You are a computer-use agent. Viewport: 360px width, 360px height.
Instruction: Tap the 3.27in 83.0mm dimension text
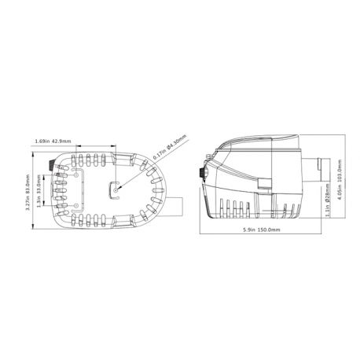pyautogui.click(x=29, y=193)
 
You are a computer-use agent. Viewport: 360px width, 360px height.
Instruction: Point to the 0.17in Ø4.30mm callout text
pyautogui.click(x=167, y=148)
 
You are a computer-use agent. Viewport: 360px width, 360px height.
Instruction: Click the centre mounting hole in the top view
pyautogui.click(x=116, y=188)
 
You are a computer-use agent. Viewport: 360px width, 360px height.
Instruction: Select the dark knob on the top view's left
pyautogui.click(x=52, y=166)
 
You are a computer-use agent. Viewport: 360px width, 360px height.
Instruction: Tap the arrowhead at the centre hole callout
pyautogui.click(x=119, y=186)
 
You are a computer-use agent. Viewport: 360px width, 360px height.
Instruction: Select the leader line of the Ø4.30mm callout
pyautogui.click(x=138, y=170)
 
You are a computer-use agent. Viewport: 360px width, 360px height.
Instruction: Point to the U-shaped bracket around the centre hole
pyautogui.click(x=108, y=188)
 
